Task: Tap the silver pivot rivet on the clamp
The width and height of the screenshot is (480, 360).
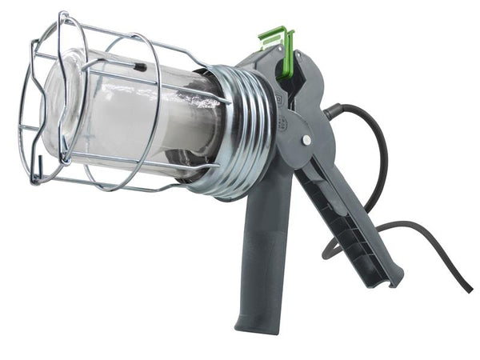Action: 306,141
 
